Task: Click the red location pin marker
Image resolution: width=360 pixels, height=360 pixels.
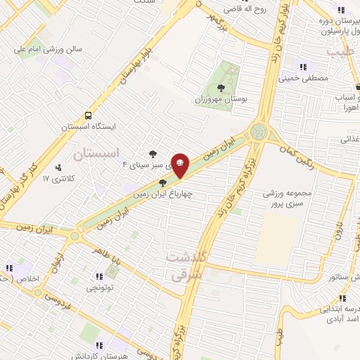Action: [x=181, y=164]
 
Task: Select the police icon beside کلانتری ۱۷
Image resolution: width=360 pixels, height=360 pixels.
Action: [x=58, y=167]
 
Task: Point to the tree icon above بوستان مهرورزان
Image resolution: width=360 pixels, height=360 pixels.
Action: [x=222, y=88]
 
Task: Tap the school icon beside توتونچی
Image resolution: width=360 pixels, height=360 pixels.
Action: [x=111, y=275]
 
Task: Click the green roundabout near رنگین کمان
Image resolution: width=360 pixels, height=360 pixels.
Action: [x=259, y=131]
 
